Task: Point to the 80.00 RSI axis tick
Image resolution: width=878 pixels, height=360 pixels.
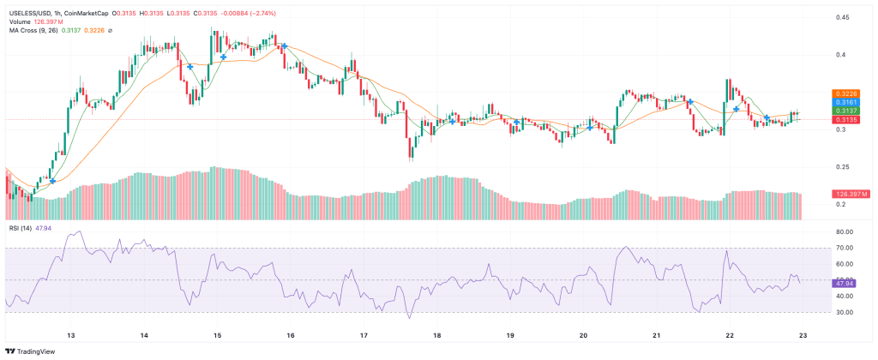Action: [x=845, y=231]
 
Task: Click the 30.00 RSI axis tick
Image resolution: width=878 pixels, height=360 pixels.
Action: [x=845, y=312]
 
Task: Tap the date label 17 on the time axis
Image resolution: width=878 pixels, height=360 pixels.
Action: [x=364, y=335]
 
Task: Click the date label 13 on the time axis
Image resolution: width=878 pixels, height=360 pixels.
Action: [x=71, y=335]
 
